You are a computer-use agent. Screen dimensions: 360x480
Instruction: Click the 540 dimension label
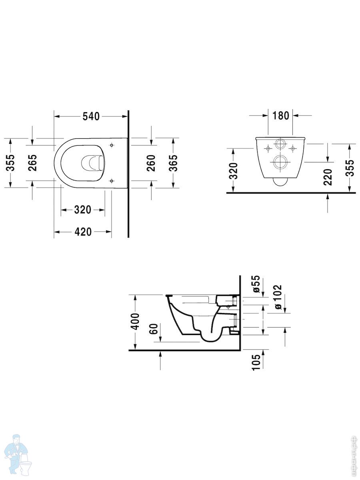[91, 116]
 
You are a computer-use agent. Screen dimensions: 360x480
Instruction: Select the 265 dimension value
[32, 163]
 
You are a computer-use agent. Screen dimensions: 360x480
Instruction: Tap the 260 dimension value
[151, 163]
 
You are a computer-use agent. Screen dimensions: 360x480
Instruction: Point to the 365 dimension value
[173, 163]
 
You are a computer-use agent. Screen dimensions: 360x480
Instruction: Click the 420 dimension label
[83, 232]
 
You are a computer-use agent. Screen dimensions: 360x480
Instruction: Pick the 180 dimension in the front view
[280, 116]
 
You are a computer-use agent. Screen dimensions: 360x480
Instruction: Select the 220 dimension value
[328, 177]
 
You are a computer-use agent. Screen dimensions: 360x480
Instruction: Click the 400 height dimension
[135, 322]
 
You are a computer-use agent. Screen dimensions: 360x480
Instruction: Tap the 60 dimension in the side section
[154, 329]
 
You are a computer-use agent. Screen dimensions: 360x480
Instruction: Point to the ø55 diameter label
[256, 284]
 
